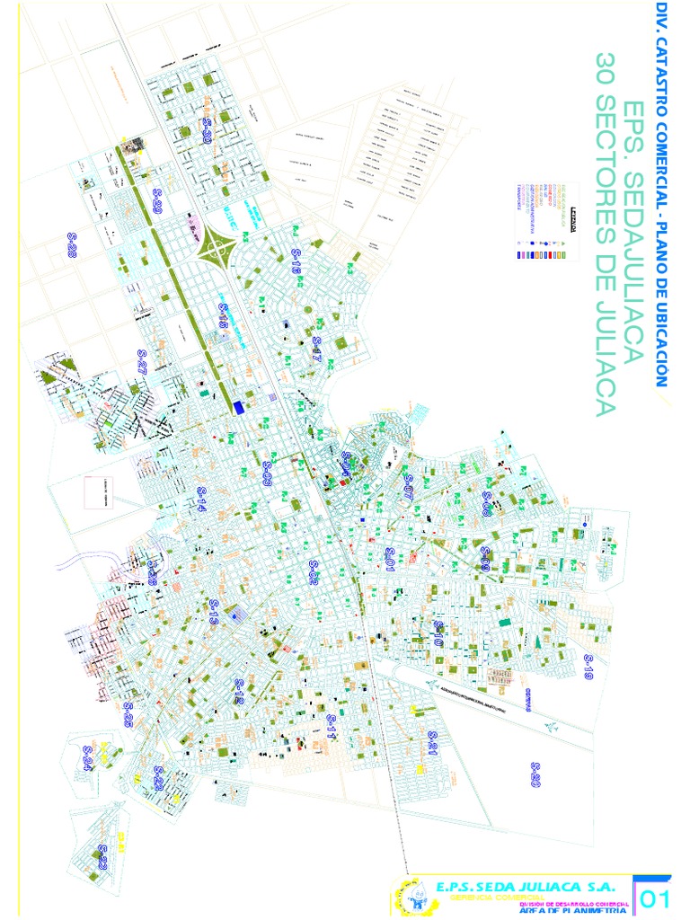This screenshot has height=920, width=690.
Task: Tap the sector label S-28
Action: pyautogui.click(x=72, y=244)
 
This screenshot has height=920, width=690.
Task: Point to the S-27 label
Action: pyautogui.click(x=141, y=362)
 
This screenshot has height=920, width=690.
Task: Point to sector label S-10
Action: pyautogui.click(x=439, y=634)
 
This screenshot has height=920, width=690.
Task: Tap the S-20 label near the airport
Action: pyautogui.click(x=535, y=775)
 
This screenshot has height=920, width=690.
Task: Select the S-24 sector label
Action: pyautogui.click(x=88, y=759)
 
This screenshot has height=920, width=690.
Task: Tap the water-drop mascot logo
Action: pyautogui.click(x=408, y=899)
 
